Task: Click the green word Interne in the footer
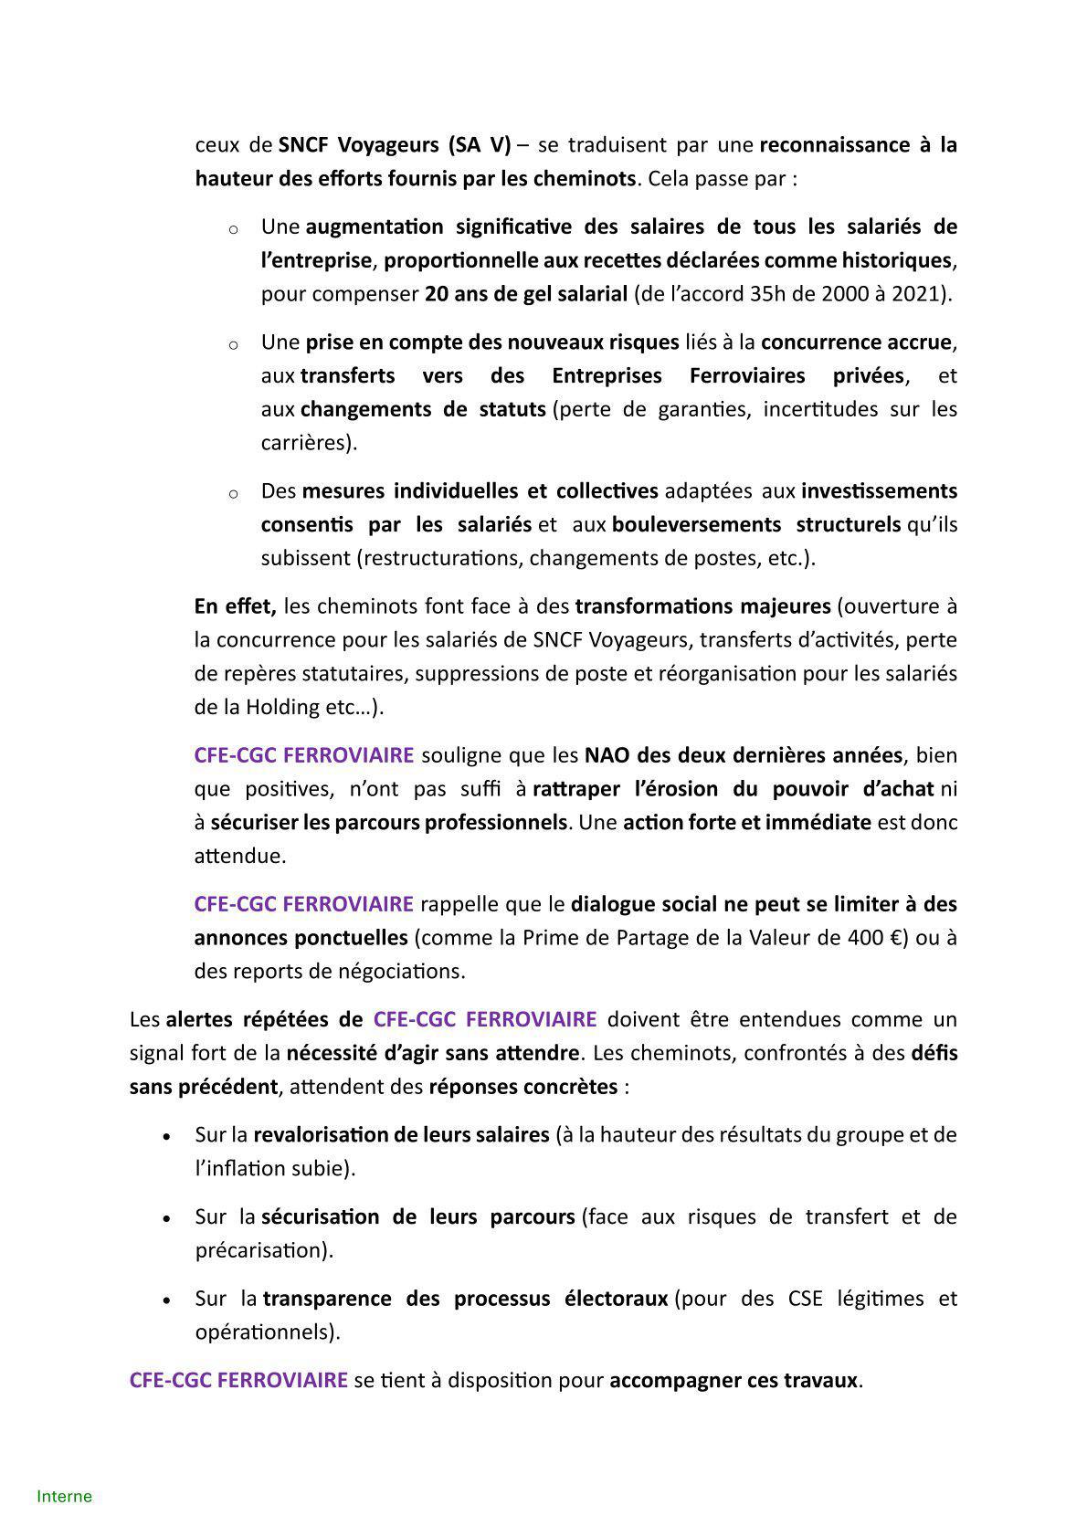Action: point(64,1496)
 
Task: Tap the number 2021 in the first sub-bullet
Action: point(922,293)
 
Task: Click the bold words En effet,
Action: point(235,605)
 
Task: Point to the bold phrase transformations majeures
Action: point(702,605)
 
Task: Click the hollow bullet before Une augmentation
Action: point(233,228)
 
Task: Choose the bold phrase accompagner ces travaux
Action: point(733,1379)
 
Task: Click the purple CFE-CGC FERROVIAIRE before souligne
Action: point(303,755)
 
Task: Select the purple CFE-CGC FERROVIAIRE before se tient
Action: point(238,1379)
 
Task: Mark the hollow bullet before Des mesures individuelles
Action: point(233,493)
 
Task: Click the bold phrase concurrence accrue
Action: point(856,342)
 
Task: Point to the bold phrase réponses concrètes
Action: point(522,1087)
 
